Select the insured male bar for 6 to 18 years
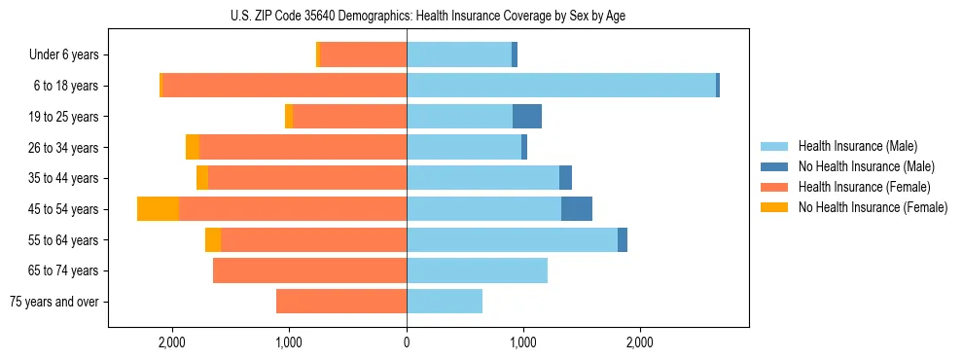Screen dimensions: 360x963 click(x=560, y=86)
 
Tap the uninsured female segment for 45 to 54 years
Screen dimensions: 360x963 click(x=158, y=208)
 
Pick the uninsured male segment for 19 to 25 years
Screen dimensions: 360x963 click(x=527, y=117)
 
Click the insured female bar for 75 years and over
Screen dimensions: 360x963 click(x=340, y=302)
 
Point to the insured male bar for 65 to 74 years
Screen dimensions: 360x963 click(x=477, y=270)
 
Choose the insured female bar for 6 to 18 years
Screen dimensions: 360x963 click(x=284, y=86)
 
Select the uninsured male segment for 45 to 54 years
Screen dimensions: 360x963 click(x=577, y=208)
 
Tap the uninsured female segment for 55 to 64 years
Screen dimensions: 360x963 click(x=213, y=239)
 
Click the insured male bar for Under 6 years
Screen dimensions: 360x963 click(x=459, y=55)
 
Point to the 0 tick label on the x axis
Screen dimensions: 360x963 click(x=407, y=342)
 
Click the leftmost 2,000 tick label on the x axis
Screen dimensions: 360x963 click(x=172, y=342)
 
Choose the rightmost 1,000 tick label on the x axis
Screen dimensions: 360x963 click(x=523, y=342)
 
